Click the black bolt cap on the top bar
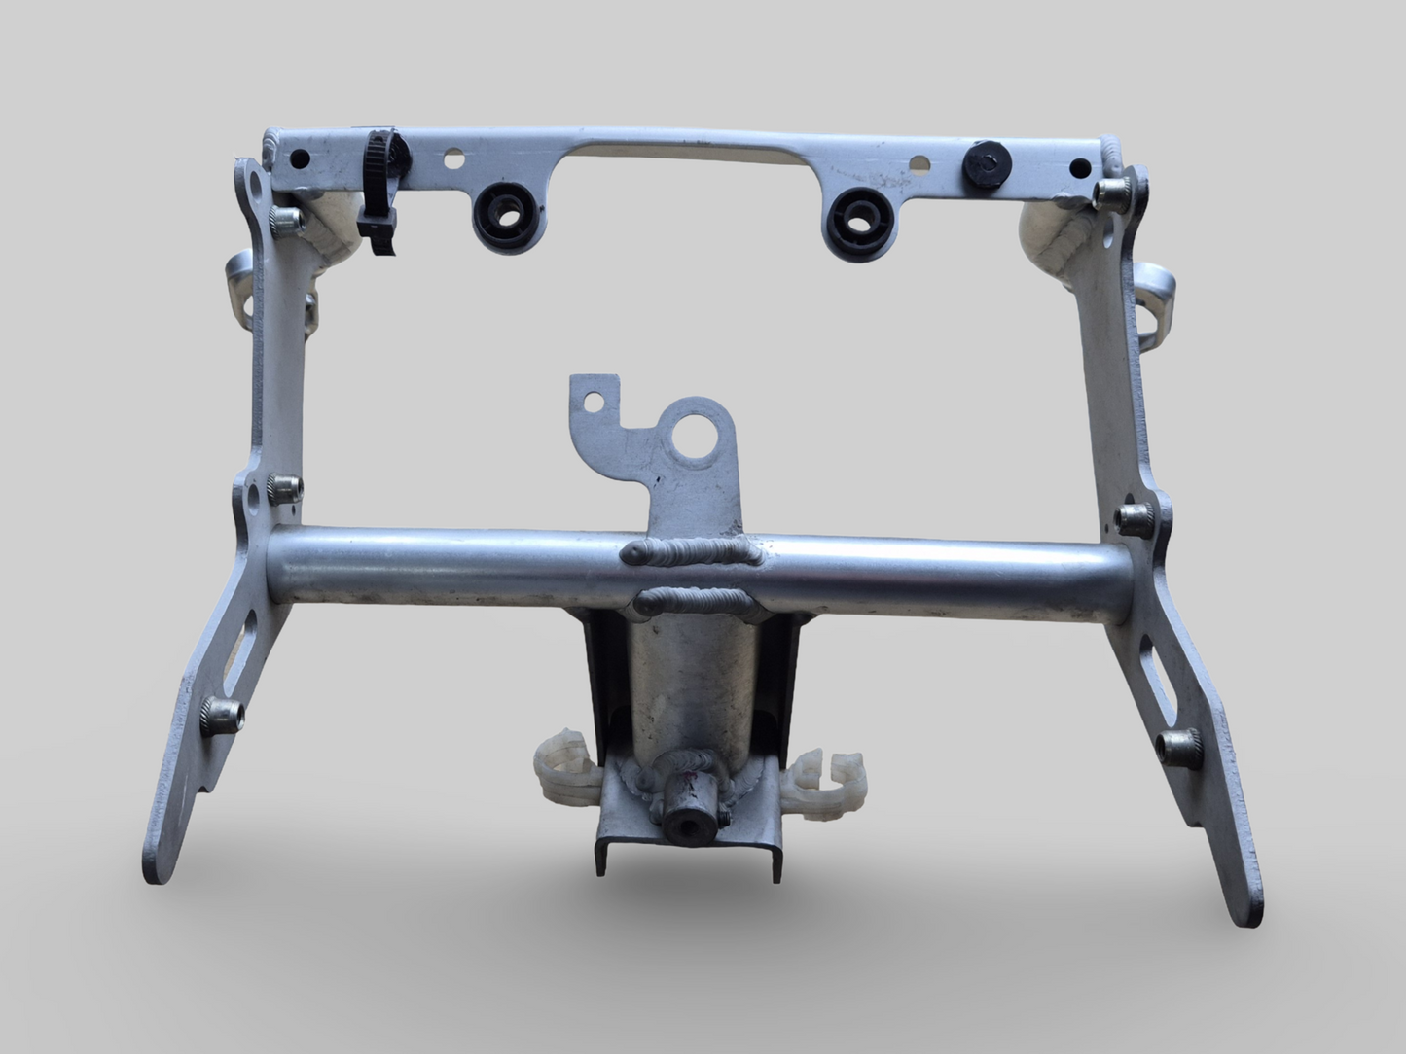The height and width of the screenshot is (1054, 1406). (983, 166)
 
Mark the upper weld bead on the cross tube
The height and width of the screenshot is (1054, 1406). (692, 554)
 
